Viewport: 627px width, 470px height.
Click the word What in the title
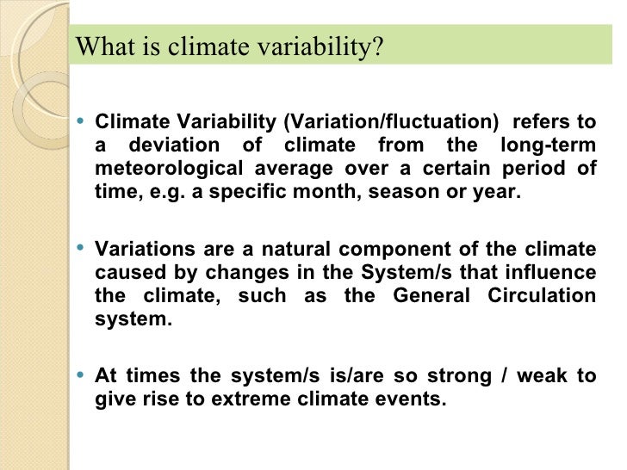click(101, 46)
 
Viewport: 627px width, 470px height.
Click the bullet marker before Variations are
click(80, 249)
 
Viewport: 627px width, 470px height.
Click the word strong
click(467, 375)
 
